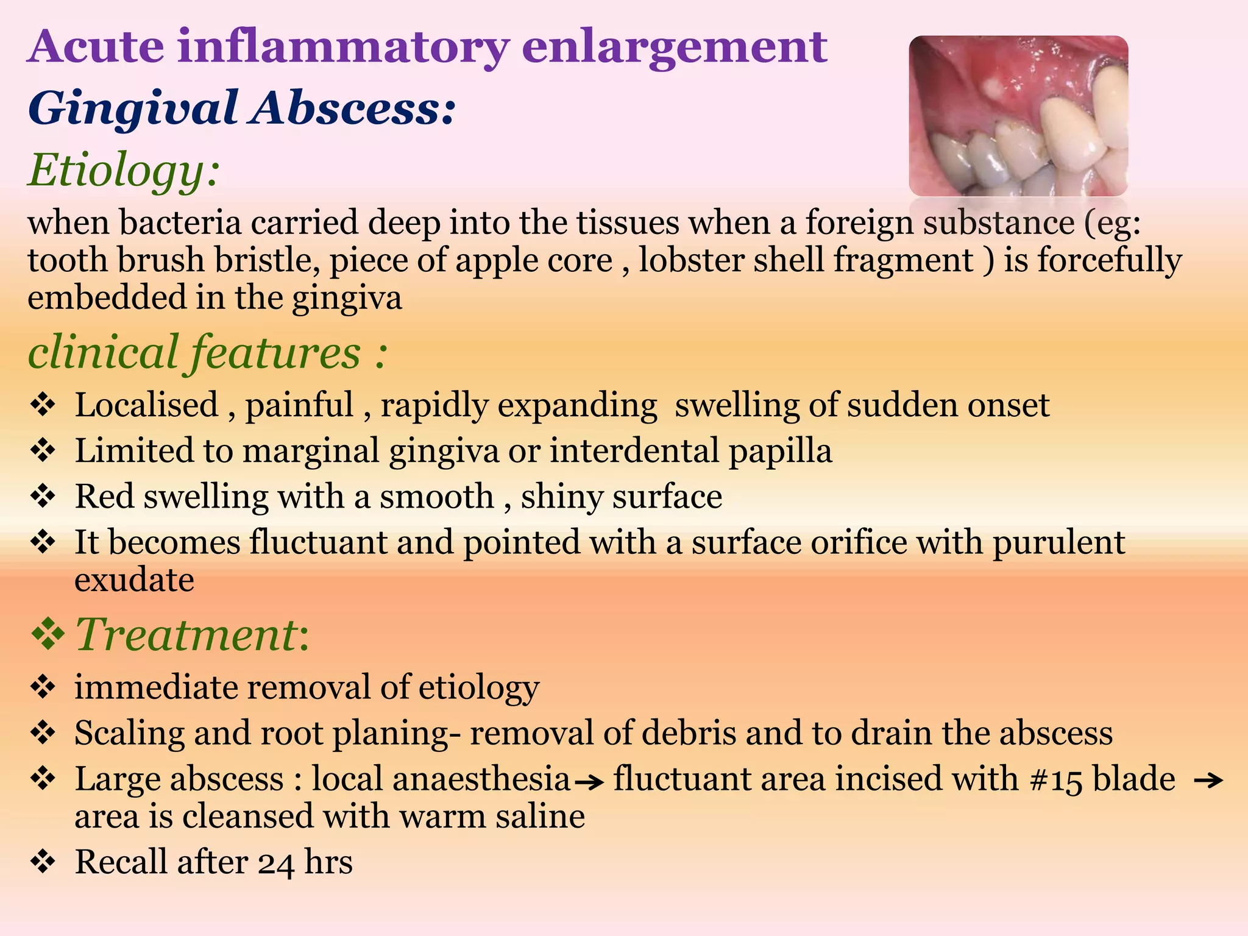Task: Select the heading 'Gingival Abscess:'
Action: [241, 108]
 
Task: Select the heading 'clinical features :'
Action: [207, 353]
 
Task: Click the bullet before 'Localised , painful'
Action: [43, 405]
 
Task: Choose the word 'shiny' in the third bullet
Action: [560, 497]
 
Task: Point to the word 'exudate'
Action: [134, 580]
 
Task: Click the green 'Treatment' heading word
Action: [186, 634]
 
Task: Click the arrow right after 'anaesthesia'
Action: [589, 781]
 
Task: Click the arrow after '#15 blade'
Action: [1208, 780]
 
